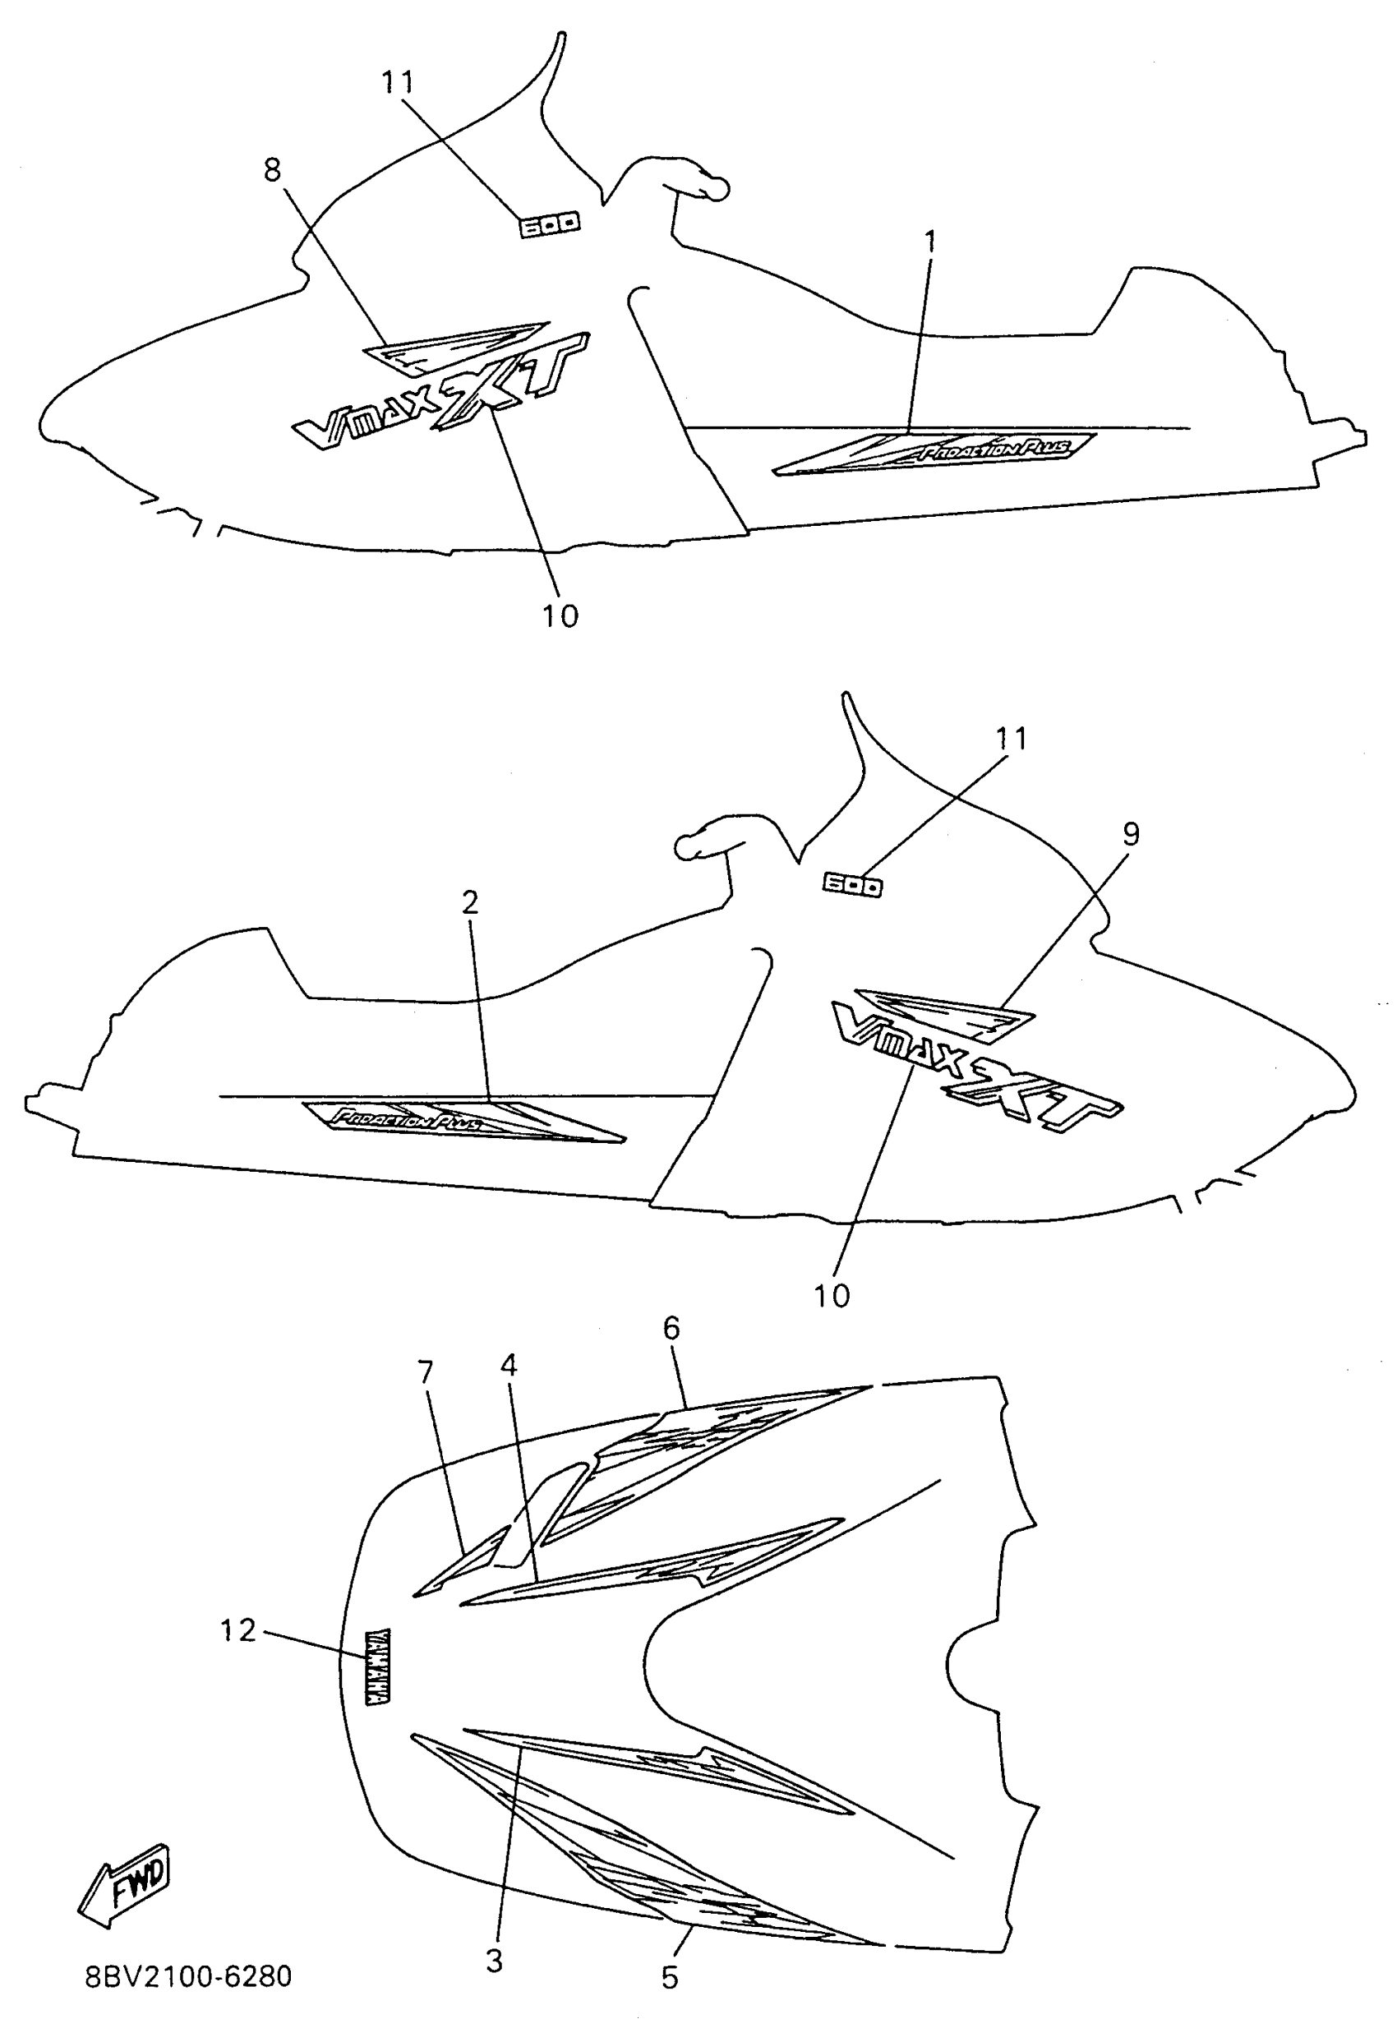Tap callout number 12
237,1630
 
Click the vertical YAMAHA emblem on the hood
378,1666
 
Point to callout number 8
272,168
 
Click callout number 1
929,241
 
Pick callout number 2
470,901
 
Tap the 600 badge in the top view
548,225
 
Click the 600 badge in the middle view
852,884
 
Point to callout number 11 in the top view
397,81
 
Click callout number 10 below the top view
560,616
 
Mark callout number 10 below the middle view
831,1295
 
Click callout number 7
425,1371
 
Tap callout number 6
671,1328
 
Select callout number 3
494,1961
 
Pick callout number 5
670,1978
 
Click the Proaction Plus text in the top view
995,449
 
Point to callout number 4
509,1365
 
